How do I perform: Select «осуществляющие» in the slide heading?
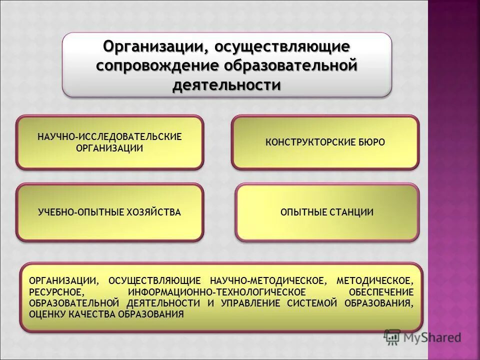(282, 47)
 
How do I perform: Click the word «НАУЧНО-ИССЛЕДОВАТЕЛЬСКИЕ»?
(109, 136)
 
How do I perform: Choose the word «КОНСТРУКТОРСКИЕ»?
(304, 142)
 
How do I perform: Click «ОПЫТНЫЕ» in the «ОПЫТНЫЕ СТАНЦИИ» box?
(303, 212)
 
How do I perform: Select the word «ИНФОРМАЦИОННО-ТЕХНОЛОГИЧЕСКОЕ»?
(216, 292)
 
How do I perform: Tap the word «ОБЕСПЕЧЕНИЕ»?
(382, 292)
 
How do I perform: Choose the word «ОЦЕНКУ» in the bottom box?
(46, 314)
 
